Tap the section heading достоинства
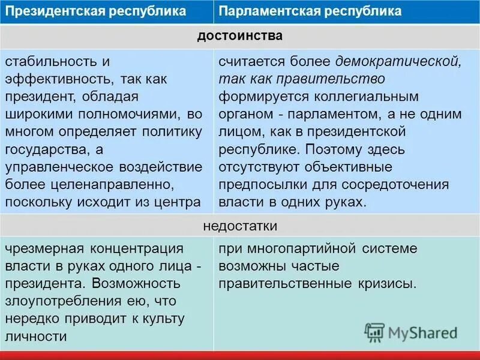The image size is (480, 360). click(x=239, y=36)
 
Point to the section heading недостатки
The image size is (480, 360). click(x=239, y=226)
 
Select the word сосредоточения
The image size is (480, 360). click(x=400, y=183)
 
